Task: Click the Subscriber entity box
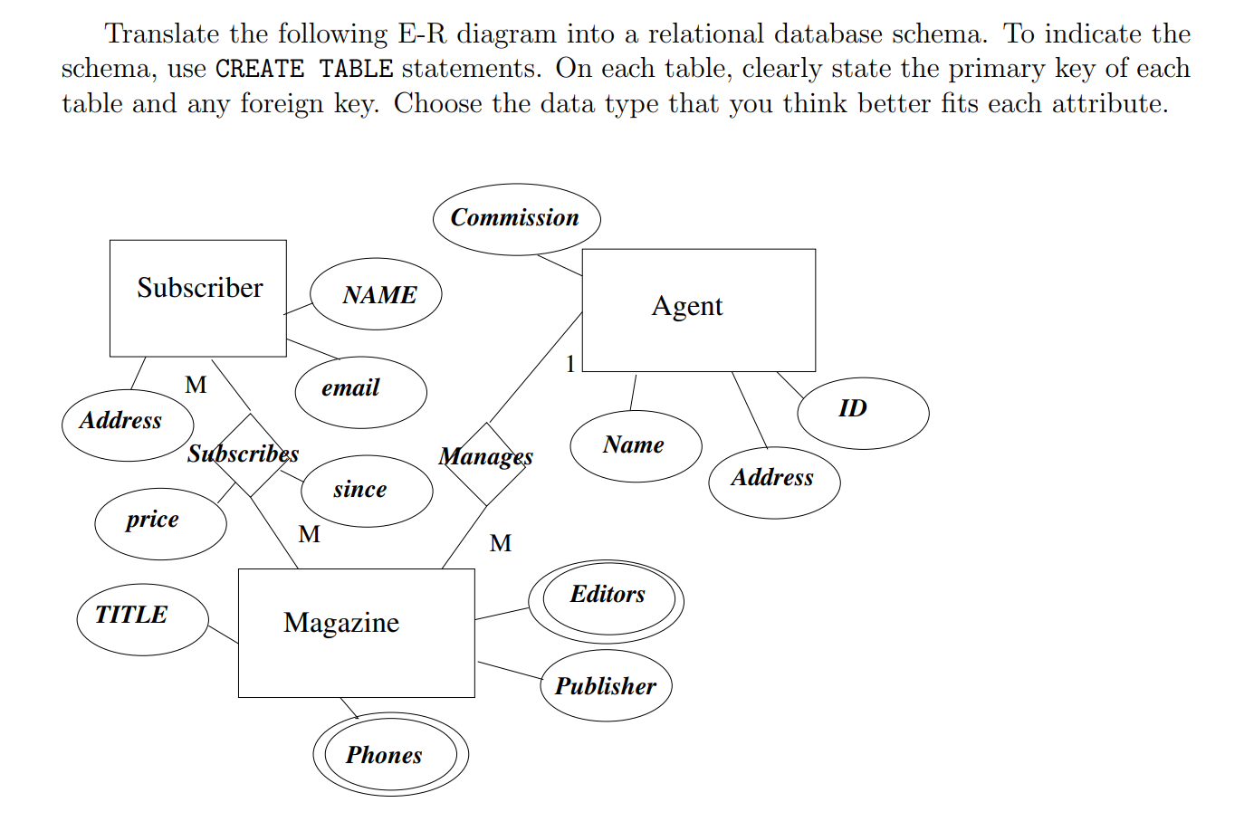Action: pyautogui.click(x=198, y=298)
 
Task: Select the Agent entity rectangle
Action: pyautogui.click(x=698, y=310)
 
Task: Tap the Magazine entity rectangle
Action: pyautogui.click(x=356, y=633)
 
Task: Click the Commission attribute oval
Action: pyautogui.click(x=516, y=219)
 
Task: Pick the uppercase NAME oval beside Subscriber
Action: pyautogui.click(x=376, y=295)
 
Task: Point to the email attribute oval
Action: pyautogui.click(x=360, y=391)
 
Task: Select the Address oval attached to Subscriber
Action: pyautogui.click(x=127, y=425)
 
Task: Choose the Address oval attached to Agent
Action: pyautogui.click(x=774, y=482)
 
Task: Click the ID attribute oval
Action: pyautogui.click(x=862, y=413)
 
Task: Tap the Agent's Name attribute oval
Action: pyautogui.click(x=636, y=446)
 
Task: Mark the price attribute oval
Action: pyautogui.click(x=160, y=523)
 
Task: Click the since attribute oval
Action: pyautogui.click(x=366, y=491)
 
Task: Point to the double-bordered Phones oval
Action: pyautogui.click(x=390, y=754)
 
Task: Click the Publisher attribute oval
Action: pyautogui.click(x=606, y=685)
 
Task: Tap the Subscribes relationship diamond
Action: pyautogui.click(x=249, y=455)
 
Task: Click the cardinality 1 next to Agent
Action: pyautogui.click(x=570, y=364)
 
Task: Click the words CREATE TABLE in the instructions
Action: pyautogui.click(x=304, y=69)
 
